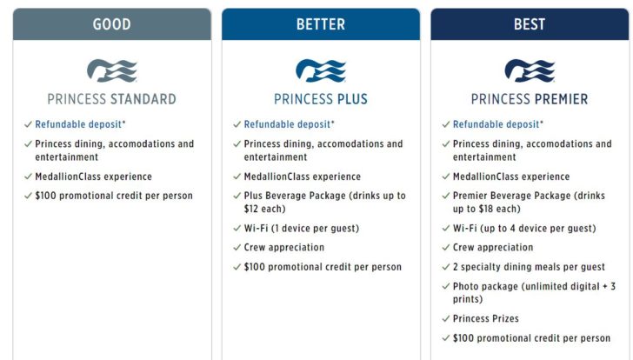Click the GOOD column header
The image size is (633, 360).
click(111, 24)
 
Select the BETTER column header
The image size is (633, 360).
click(320, 24)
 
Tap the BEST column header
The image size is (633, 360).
click(529, 24)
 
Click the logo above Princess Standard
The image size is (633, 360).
click(111, 70)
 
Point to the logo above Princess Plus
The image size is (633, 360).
click(320, 70)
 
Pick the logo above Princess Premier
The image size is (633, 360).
click(529, 70)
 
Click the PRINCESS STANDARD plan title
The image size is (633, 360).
click(111, 99)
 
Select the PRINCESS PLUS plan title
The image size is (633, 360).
click(320, 99)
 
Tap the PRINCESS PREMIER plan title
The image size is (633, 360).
click(529, 99)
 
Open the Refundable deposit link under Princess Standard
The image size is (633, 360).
click(77, 125)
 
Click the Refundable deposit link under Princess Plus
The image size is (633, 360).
click(286, 125)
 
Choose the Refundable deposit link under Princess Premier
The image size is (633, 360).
click(495, 125)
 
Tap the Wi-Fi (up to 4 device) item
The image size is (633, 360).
click(523, 229)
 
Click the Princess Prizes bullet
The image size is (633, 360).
click(485, 319)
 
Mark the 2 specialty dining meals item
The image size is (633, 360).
click(529, 267)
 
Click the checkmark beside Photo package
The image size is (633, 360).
click(446, 287)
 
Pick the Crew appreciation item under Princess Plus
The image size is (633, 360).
click(283, 248)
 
